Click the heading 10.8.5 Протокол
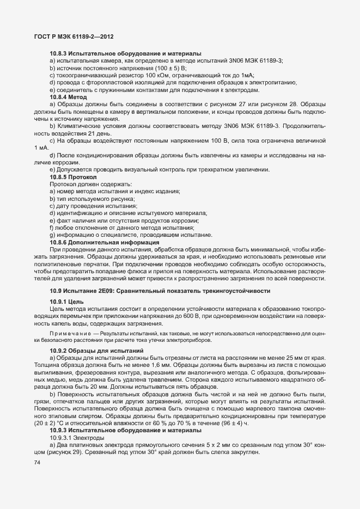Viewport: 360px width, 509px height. (69, 177)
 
